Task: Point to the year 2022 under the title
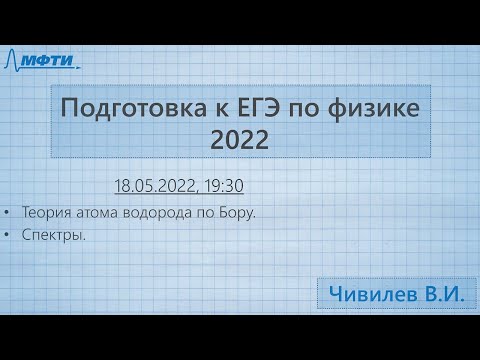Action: pyautogui.click(x=240, y=141)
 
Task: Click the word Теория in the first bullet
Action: pyautogui.click(x=43, y=212)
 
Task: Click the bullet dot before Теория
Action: pyautogui.click(x=8, y=213)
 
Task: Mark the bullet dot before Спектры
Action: pyautogui.click(x=8, y=237)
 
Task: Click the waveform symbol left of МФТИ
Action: pyautogui.click(x=16, y=60)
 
